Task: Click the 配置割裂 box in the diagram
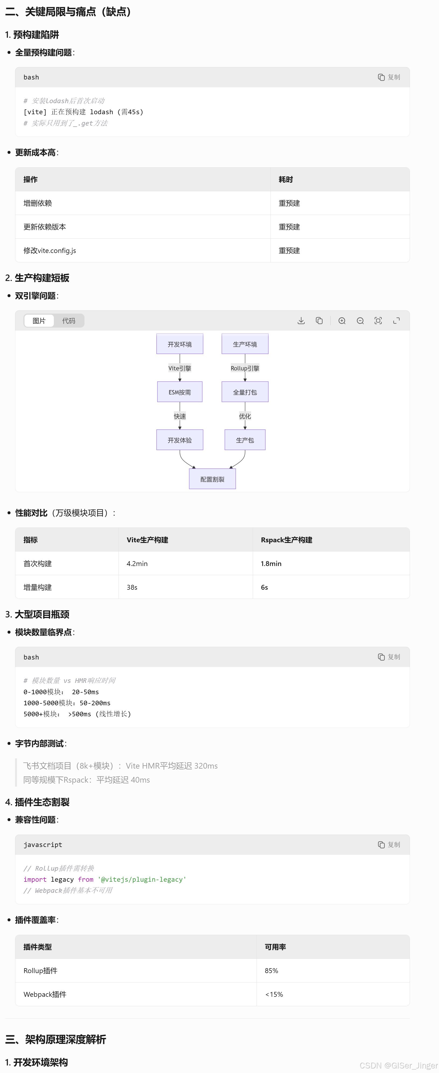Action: (212, 479)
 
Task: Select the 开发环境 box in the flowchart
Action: (180, 344)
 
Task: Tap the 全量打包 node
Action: (245, 392)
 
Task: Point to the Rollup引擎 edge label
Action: (245, 368)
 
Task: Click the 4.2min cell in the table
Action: (137, 564)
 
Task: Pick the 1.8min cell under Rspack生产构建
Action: (271, 564)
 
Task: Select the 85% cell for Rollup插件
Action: (271, 971)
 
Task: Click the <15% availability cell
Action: (274, 994)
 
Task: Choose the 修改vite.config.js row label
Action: (50, 250)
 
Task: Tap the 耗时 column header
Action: (286, 179)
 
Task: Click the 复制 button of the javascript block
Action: (389, 845)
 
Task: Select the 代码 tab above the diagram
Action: (69, 321)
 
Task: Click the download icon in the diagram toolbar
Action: (301, 321)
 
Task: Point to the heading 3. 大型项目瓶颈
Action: (37, 614)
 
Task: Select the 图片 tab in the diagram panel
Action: (39, 321)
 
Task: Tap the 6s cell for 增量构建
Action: (264, 587)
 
